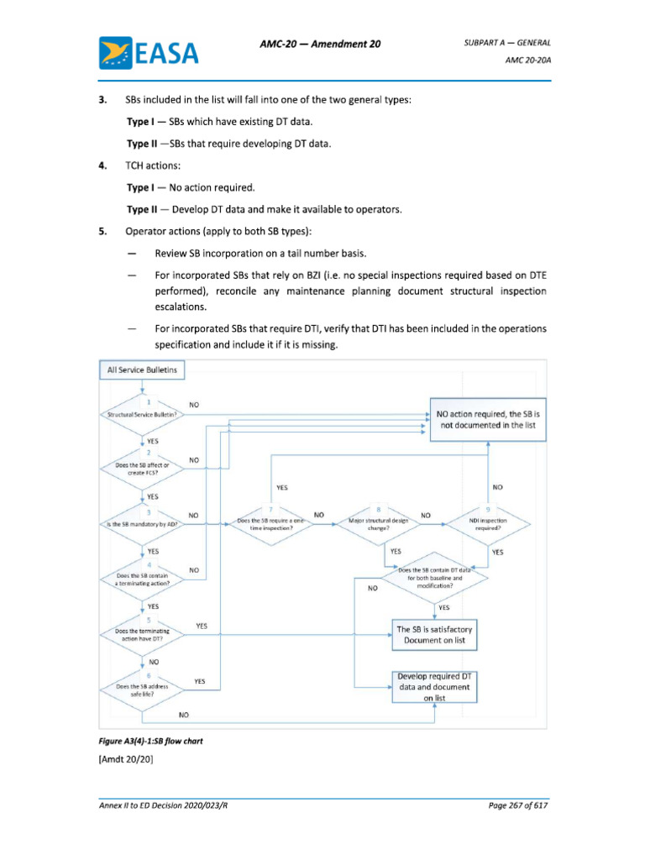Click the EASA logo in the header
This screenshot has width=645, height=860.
(149, 53)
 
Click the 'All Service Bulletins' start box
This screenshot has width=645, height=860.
(143, 370)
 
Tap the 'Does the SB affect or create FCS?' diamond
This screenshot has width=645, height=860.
(143, 469)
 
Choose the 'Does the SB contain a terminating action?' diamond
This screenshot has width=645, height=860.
(143, 579)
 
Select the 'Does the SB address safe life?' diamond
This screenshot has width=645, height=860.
(143, 690)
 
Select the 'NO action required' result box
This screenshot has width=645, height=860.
(489, 420)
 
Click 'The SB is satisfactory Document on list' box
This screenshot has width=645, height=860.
(435, 635)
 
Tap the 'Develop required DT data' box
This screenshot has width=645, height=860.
(435, 686)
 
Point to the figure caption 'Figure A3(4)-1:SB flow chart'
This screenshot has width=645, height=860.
(151, 742)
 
